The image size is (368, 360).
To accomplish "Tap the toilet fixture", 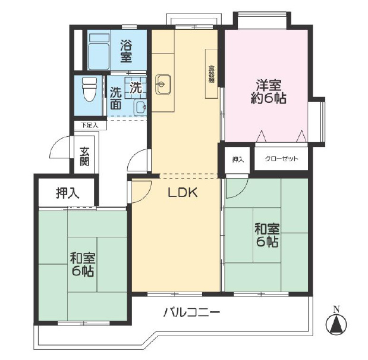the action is [89, 89].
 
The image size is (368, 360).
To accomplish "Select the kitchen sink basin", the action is [163, 84].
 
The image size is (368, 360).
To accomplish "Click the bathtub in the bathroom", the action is [99, 51].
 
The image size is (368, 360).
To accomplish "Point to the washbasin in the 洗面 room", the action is [140, 108].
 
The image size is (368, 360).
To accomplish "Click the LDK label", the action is [183, 193].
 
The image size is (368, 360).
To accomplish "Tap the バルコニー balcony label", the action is [191, 312].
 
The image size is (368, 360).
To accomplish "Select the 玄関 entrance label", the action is [84, 156].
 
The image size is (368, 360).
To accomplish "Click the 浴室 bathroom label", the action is [126, 51].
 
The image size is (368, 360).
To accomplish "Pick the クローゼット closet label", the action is [281, 159].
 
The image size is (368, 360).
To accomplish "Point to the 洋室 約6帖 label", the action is [269, 92].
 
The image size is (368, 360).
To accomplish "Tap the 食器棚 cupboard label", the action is [212, 74].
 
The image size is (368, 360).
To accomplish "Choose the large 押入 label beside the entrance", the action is [68, 193].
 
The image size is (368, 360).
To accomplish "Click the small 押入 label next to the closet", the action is [238, 159].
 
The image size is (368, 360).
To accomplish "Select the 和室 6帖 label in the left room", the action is [83, 264].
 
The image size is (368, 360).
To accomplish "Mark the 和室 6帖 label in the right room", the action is [268, 236].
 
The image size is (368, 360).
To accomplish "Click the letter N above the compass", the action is [336, 310].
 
